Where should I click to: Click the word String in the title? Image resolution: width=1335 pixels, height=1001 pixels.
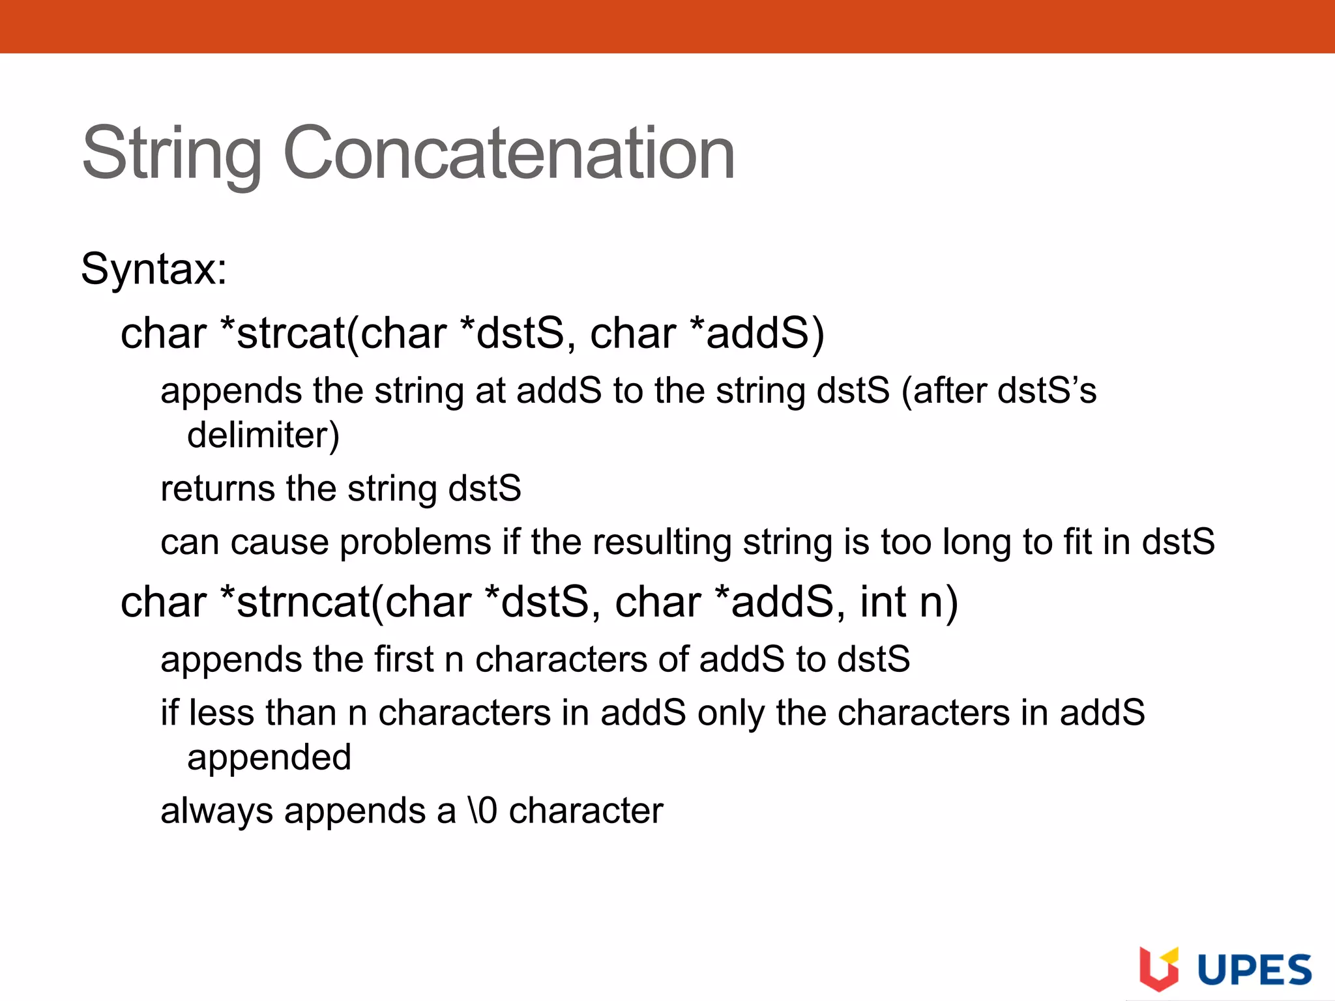(x=171, y=154)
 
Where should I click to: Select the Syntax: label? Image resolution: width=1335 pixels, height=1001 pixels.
(x=154, y=268)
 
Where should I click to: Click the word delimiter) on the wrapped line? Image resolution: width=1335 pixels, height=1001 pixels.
(x=263, y=435)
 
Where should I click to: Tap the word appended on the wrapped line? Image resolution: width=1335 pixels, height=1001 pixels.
(x=269, y=757)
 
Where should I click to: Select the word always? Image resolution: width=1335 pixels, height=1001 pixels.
(x=216, y=811)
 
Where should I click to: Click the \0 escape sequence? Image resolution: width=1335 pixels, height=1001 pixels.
(x=482, y=811)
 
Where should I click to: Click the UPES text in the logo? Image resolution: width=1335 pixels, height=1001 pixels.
(x=1255, y=970)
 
